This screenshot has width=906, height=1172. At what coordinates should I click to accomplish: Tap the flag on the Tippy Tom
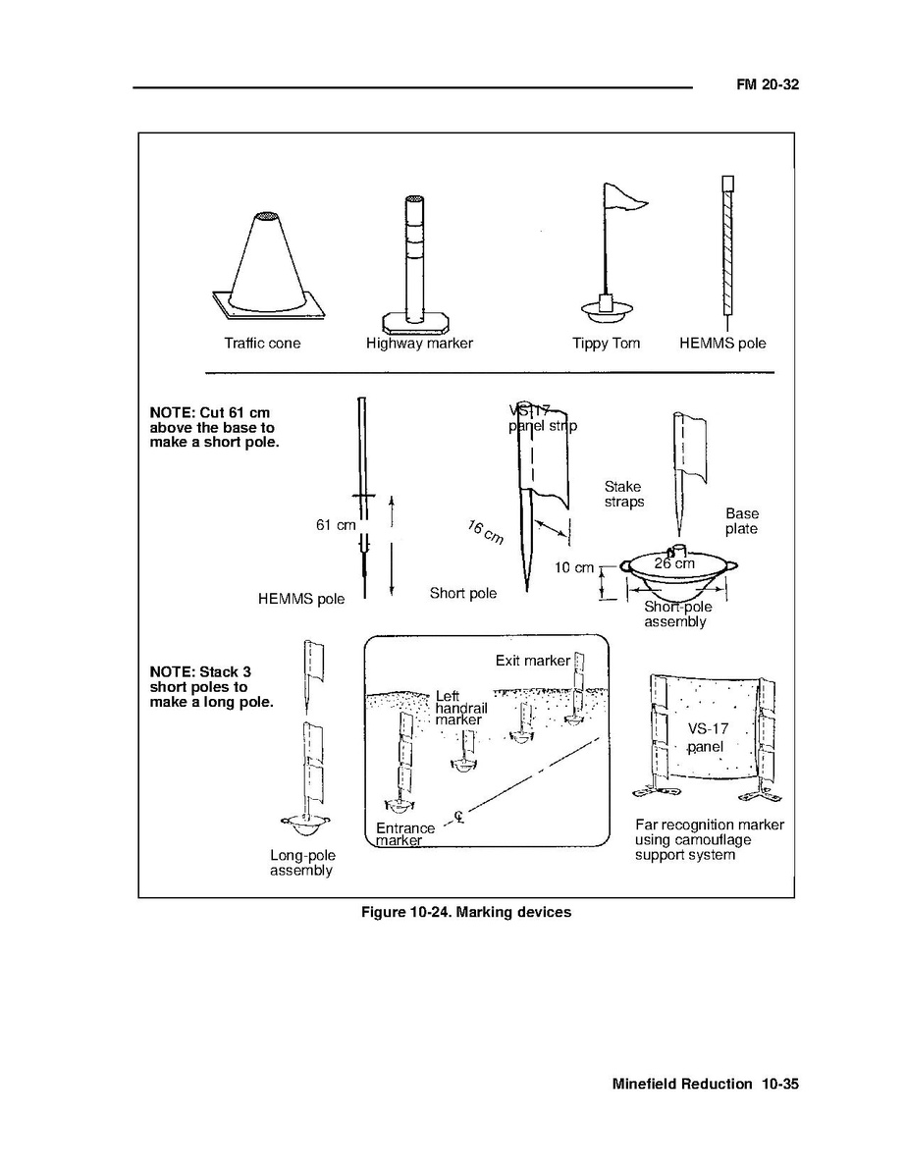tap(624, 200)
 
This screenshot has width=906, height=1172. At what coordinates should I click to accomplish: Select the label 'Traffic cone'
tap(262, 344)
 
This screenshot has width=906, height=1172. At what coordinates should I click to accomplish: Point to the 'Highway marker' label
tap(419, 344)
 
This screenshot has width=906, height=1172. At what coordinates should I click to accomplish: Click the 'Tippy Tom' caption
tap(606, 344)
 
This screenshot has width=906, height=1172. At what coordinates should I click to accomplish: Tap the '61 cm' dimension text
tap(335, 525)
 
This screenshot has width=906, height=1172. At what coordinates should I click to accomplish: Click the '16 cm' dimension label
tap(485, 533)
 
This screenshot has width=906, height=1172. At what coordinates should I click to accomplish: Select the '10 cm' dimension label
tap(574, 567)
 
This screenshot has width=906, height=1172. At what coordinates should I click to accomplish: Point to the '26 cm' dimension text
tap(674, 563)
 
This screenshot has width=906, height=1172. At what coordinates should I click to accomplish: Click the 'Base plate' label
tap(742, 521)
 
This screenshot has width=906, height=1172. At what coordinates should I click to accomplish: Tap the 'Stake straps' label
tap(624, 494)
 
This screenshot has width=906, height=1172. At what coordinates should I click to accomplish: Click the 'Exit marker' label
tap(532, 661)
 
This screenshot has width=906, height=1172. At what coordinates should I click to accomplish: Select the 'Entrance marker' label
tap(403, 834)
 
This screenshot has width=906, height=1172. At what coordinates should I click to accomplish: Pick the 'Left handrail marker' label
tap(457, 709)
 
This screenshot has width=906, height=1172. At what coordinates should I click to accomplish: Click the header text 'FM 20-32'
tap(769, 85)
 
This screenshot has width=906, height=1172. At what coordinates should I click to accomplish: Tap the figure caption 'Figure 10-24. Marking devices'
tap(466, 912)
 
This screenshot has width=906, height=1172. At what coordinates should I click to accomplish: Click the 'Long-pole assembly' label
tap(302, 863)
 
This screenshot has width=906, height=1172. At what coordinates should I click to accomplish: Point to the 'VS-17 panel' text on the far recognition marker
tap(705, 737)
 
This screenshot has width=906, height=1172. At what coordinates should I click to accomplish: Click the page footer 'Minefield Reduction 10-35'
tap(706, 1085)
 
